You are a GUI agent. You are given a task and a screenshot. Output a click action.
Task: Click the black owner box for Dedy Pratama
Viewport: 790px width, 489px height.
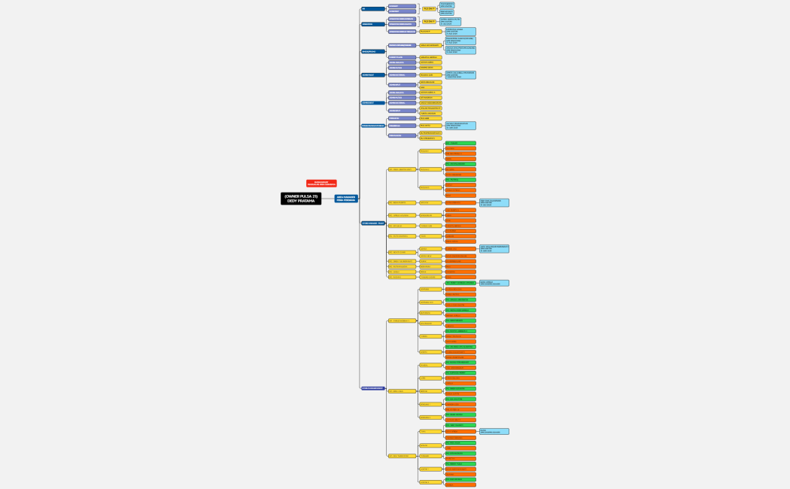[301, 199]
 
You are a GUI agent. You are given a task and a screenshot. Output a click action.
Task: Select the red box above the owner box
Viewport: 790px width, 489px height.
[321, 183]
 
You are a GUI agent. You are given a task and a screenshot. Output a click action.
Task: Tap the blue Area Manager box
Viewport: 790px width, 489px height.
[346, 199]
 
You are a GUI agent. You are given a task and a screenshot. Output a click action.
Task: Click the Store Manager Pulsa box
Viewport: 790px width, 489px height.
[372, 223]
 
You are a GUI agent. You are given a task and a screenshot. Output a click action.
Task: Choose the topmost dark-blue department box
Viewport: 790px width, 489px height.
[372, 9]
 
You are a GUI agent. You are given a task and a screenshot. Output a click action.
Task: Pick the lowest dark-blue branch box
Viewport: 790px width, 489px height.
[372, 388]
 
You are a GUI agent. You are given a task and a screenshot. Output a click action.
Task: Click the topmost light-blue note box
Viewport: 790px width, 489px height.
[446, 5]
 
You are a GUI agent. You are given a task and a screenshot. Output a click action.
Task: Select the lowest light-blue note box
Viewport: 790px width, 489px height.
[494, 431]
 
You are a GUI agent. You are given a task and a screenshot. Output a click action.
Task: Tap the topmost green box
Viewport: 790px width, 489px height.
[460, 143]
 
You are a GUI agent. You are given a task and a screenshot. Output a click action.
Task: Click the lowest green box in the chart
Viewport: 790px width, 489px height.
[460, 479]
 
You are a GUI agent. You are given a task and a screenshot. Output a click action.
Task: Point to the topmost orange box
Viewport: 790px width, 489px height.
[460, 148]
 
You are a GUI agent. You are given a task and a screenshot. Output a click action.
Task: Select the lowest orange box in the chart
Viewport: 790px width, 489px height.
[460, 484]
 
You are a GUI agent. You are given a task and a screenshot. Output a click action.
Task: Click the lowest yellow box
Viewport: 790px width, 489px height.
[430, 482]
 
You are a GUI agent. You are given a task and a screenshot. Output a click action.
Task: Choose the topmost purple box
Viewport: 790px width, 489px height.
[402, 6]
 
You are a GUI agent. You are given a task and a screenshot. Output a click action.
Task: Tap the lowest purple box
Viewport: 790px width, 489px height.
[402, 135]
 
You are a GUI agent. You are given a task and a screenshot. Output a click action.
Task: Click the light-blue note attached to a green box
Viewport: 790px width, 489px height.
[494, 283]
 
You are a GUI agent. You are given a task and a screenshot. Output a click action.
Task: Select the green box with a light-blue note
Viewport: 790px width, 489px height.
[460, 283]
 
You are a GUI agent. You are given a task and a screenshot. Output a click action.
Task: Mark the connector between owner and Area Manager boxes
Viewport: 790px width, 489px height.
[328, 199]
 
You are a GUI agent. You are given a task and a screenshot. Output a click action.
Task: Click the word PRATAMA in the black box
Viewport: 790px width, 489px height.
[305, 201]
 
